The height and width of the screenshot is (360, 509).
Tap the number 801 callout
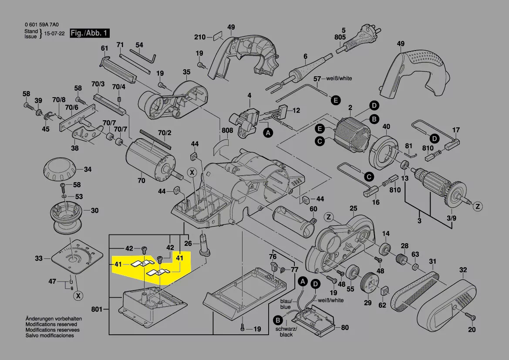click(96, 309)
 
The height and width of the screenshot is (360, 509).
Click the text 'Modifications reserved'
click(51, 325)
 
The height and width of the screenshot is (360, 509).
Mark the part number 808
click(227, 130)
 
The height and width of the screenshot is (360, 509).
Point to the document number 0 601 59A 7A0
click(42, 25)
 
